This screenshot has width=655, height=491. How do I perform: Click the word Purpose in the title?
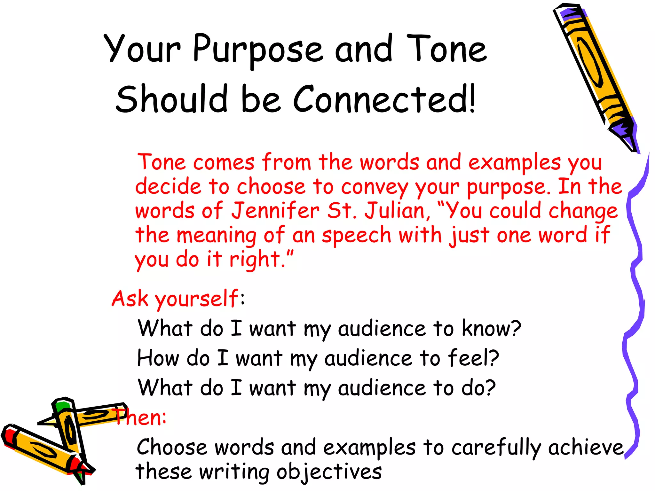258,50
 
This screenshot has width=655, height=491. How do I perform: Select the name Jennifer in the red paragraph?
275,211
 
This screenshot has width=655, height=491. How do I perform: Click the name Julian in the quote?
395,211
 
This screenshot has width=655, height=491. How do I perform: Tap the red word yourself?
196,299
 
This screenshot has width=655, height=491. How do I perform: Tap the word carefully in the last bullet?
496,448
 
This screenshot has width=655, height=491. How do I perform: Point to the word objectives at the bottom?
329,472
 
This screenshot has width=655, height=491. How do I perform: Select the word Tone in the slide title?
446,50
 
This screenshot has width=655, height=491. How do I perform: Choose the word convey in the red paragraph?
375,187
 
